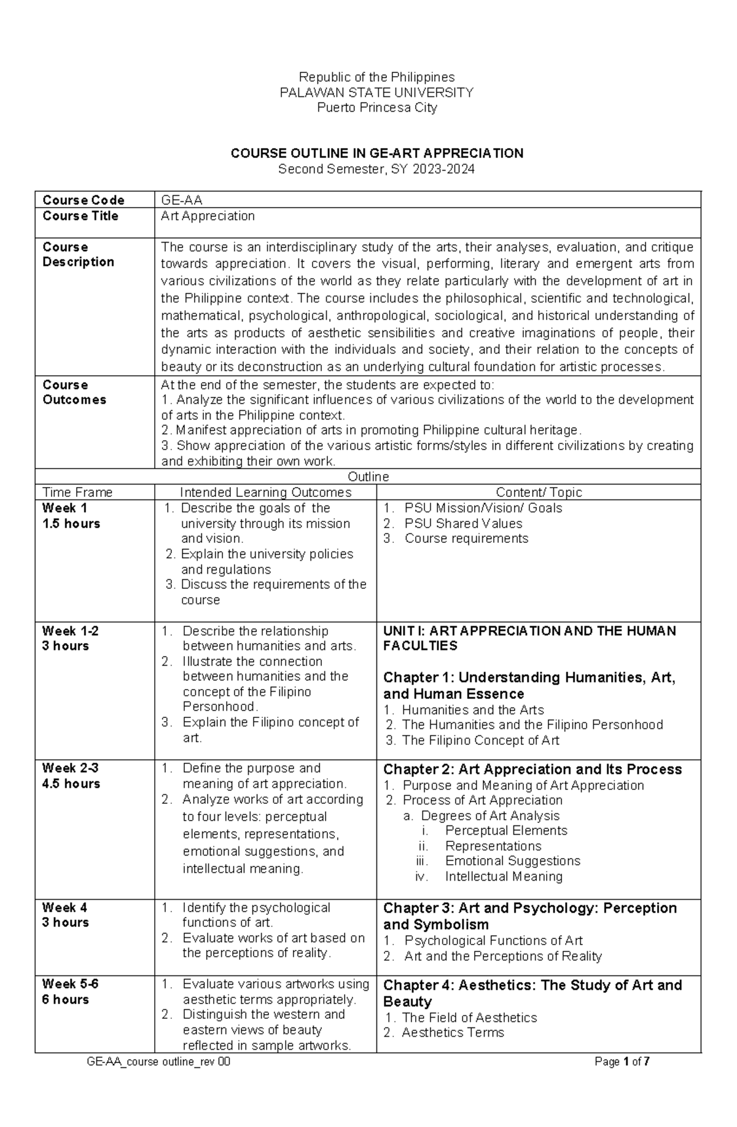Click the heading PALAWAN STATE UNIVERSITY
click(376, 93)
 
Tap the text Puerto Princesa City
click(376, 108)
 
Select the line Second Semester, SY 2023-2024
click(376, 170)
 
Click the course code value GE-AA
click(182, 200)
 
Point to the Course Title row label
click(80, 216)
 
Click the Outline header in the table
click(368, 477)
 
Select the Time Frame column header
click(77, 493)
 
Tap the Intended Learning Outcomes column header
click(265, 493)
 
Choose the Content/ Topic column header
click(539, 493)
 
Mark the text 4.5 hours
click(71, 784)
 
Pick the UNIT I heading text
click(529, 638)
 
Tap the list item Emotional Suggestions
click(512, 861)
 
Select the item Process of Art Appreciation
click(482, 800)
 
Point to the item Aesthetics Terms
click(453, 1032)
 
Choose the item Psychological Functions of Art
click(493, 941)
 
